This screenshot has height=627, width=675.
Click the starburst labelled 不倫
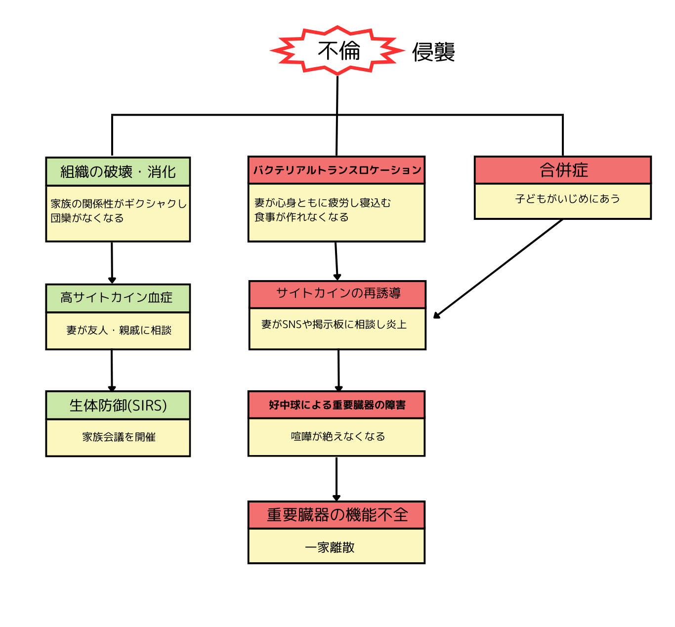338,50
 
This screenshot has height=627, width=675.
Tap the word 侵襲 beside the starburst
433,52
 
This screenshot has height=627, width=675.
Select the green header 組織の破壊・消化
118,171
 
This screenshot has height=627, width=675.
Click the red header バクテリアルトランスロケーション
337,170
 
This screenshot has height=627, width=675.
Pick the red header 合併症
563,170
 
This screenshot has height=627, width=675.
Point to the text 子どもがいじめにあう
567,199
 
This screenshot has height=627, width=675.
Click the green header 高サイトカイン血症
117,297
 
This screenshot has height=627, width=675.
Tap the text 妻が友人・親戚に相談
119,330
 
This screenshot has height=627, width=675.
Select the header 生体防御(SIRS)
118,406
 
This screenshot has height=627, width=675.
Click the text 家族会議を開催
119,437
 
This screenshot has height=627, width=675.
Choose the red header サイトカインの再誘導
338,293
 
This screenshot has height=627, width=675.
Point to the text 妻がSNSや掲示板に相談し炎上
334,325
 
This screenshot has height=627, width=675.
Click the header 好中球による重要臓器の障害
337,405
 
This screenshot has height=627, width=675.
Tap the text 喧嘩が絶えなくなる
337,436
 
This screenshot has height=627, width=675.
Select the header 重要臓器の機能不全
337,515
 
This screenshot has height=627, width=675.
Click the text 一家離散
330,547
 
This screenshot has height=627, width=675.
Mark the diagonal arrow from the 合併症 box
498,268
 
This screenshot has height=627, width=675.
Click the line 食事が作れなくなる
301,217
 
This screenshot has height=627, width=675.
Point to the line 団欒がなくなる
87,218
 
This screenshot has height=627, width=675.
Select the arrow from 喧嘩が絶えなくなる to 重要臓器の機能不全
337,478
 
